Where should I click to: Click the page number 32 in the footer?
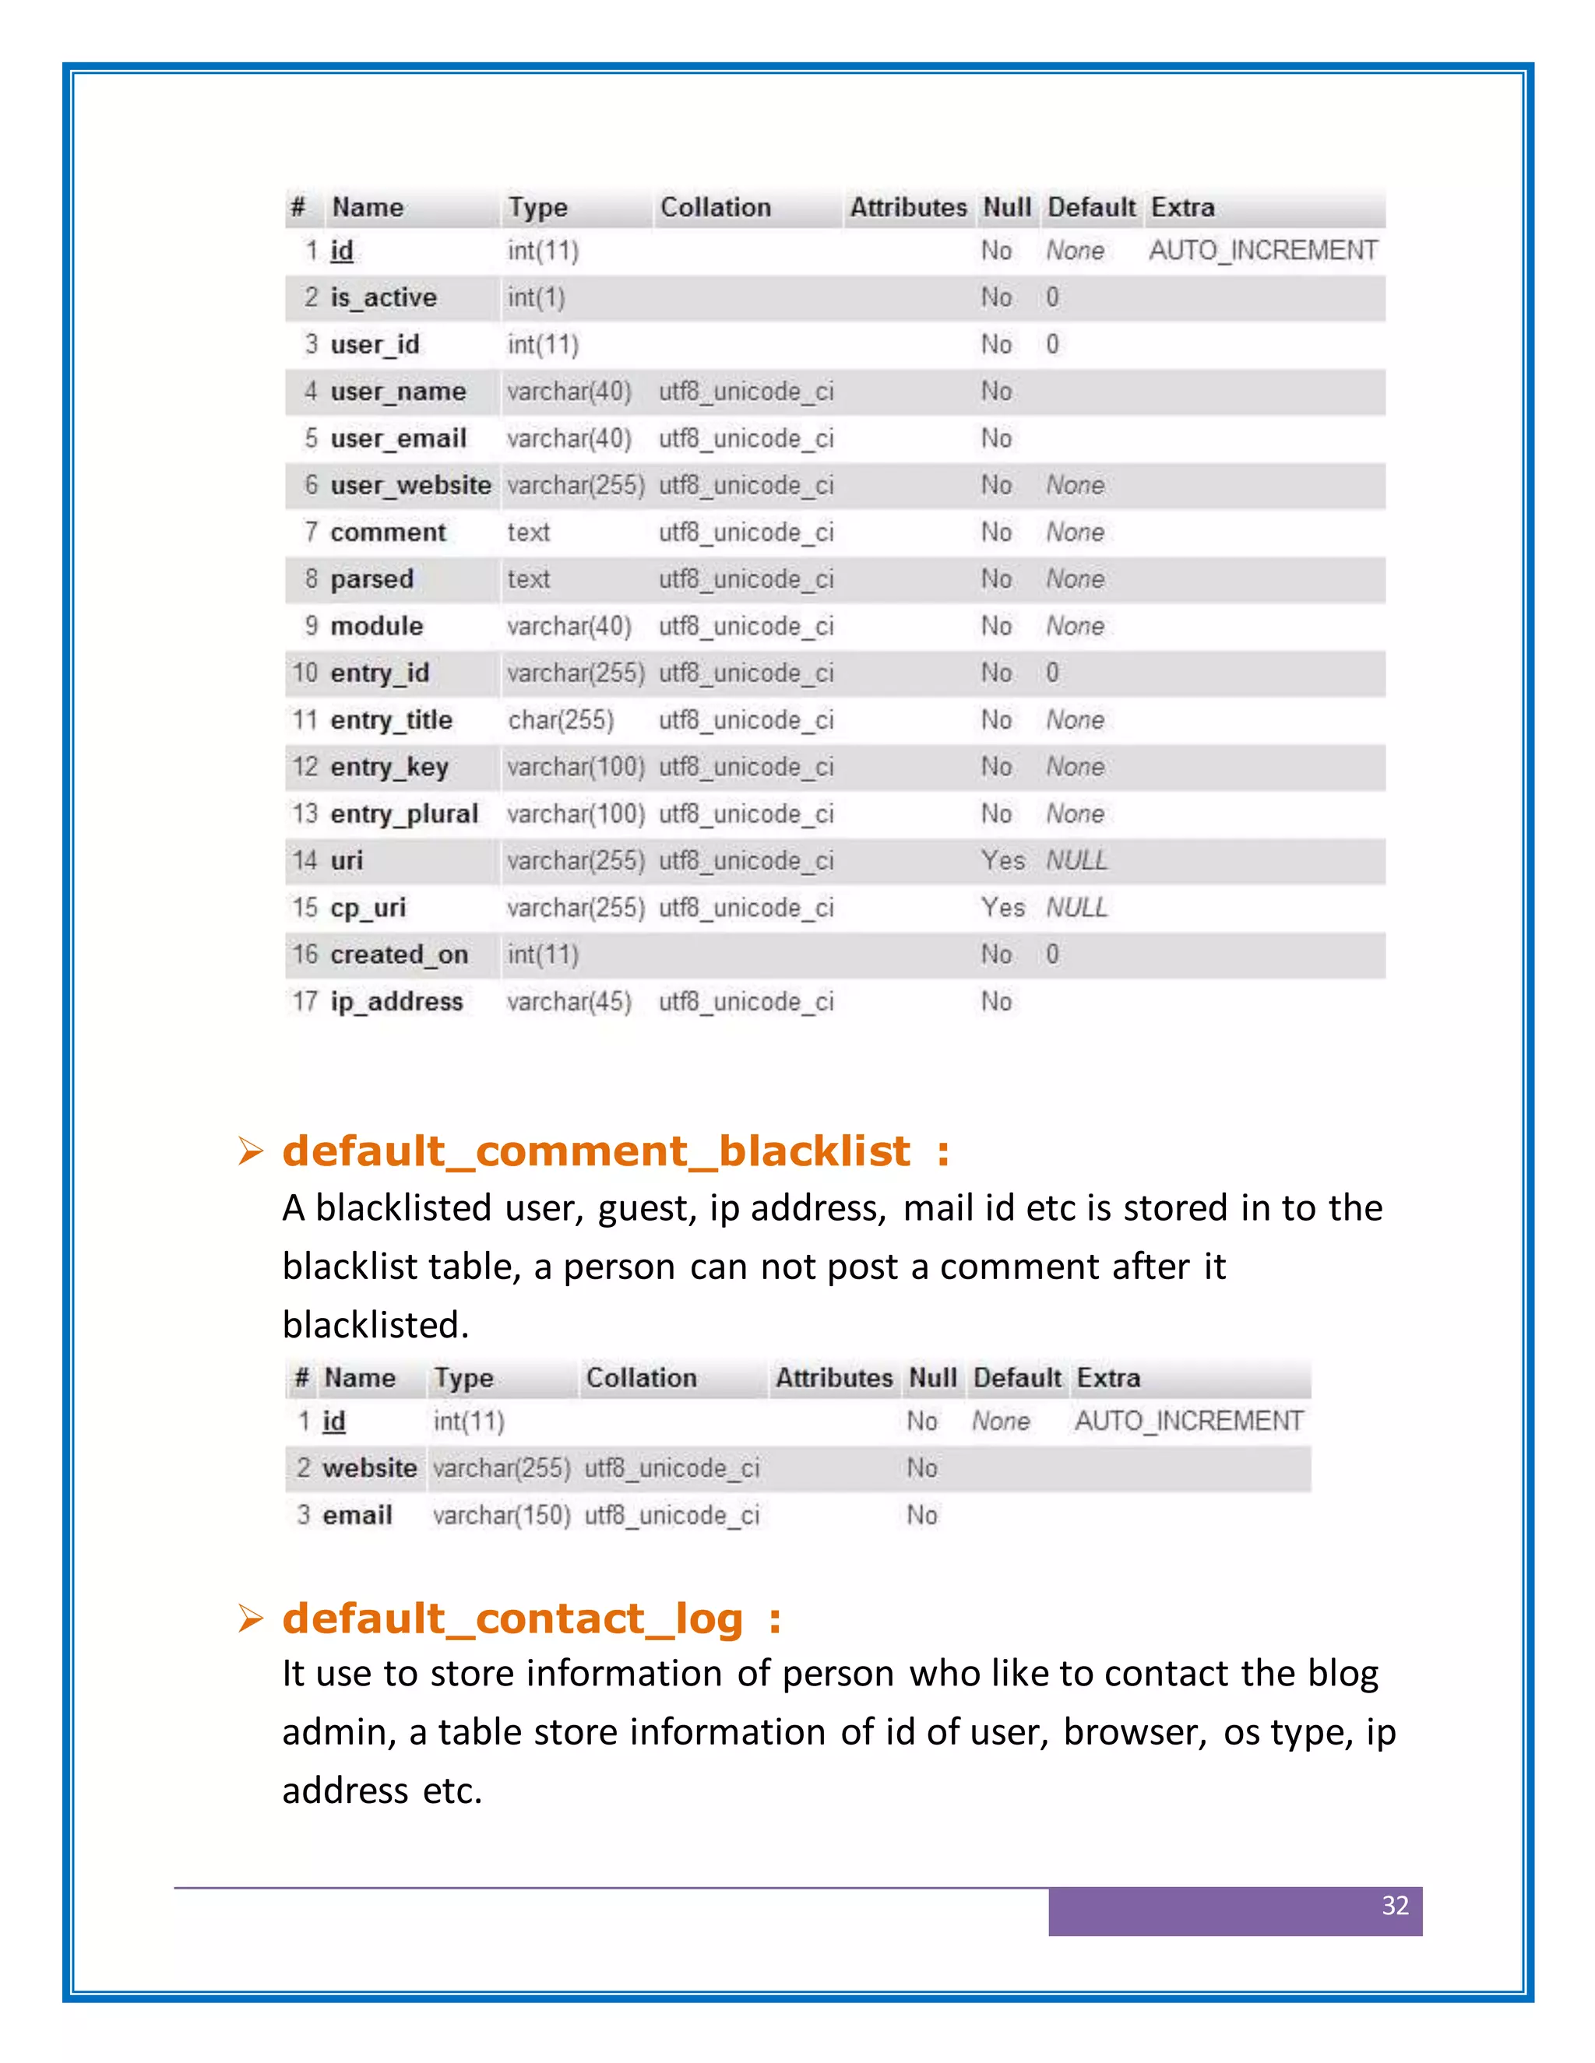(x=1395, y=1905)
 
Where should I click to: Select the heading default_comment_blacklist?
(x=597, y=1151)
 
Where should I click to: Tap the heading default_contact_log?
(x=513, y=1619)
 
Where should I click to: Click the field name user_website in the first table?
(x=410, y=486)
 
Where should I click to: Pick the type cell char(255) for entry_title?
(x=560, y=721)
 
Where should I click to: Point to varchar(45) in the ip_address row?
(x=569, y=1002)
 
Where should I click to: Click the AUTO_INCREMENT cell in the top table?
(x=1262, y=251)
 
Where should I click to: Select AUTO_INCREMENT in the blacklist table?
(x=1188, y=1422)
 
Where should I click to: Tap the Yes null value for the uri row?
(x=1002, y=860)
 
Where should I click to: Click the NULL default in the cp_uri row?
(x=1076, y=908)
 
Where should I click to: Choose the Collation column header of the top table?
(x=715, y=208)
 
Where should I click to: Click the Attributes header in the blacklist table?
(x=833, y=1378)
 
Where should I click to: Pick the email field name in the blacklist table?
(x=357, y=1515)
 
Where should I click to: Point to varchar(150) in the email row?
(x=502, y=1515)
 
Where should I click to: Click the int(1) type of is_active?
(x=536, y=298)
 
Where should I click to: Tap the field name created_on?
(x=399, y=955)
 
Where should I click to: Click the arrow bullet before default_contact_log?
(x=251, y=1619)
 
